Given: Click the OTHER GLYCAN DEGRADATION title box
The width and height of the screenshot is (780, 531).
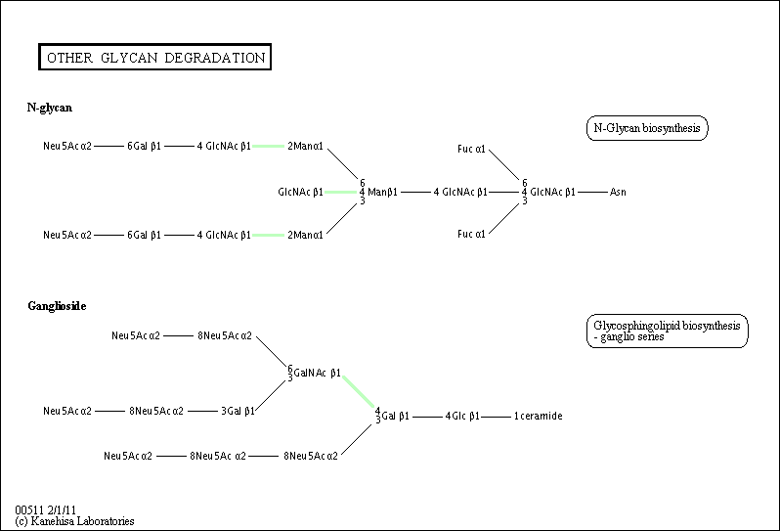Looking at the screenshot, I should pos(155,58).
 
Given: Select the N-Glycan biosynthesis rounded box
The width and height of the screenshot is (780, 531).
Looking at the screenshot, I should pos(646,128).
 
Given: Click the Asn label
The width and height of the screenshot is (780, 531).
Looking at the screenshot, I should pos(618,192).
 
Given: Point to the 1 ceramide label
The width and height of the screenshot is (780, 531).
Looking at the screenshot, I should pos(538,416).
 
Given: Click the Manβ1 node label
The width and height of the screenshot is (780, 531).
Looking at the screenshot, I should pos(382,192).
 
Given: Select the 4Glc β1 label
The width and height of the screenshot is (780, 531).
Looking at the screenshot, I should pos(462,416).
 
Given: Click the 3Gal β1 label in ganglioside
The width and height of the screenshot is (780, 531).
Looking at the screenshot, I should pos(238,411).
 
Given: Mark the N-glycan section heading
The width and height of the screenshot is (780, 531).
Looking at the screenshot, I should pos(49,107).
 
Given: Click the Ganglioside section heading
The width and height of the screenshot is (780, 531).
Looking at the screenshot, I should pos(57,306).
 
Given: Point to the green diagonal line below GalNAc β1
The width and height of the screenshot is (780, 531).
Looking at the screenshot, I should pos(360,391).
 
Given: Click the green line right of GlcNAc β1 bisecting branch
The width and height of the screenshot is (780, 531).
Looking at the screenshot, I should pos(338,192).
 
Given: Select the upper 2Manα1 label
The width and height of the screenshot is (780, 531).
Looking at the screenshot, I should pos(305,146).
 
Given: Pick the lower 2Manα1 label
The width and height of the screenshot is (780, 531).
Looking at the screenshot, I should pos(305,235).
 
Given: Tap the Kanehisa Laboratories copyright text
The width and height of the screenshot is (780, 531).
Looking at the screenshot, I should pos(74,521).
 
